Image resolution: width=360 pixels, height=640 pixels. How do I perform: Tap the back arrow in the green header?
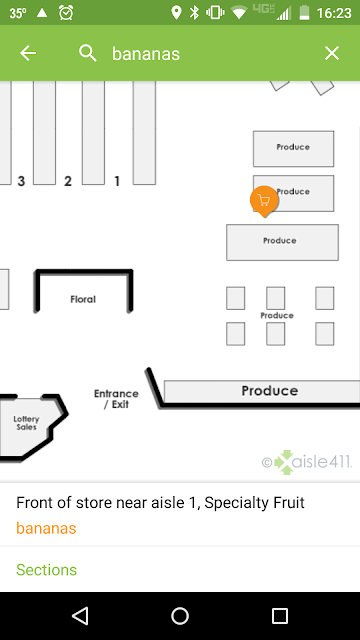(28, 53)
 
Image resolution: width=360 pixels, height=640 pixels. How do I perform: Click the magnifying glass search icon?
(88, 53)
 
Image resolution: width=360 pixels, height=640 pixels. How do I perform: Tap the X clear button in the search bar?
(332, 53)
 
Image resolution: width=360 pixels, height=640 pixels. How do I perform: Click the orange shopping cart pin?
(264, 201)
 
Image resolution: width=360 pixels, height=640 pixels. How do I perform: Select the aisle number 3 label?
(21, 181)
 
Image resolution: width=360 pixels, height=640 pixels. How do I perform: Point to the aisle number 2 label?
(68, 181)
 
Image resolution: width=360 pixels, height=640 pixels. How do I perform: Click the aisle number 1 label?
(117, 181)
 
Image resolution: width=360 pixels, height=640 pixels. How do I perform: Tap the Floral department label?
(83, 299)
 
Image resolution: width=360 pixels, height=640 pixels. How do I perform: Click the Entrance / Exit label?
(116, 399)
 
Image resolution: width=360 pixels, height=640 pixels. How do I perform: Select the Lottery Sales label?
(26, 423)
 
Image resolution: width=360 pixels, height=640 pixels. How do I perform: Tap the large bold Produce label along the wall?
(270, 391)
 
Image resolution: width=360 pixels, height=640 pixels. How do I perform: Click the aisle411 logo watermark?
(307, 462)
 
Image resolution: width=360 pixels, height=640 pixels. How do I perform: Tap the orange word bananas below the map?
(46, 528)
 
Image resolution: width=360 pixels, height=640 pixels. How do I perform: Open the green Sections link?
(47, 569)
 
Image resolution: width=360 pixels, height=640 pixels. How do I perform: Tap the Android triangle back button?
(80, 616)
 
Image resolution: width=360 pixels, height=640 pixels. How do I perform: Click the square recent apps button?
(280, 616)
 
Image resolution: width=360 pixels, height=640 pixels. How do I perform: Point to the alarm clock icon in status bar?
(66, 13)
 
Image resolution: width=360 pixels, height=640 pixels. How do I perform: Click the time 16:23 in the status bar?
(334, 13)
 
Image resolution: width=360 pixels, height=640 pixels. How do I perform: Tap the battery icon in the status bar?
(304, 13)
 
